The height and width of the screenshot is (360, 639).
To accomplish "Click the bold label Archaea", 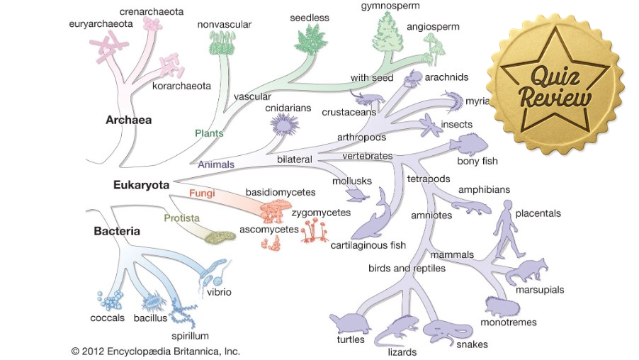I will pyautogui.click(x=128, y=120).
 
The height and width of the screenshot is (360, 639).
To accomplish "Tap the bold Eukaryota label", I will pyautogui.click(x=141, y=185).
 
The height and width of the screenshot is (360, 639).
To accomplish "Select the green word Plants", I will pyautogui.click(x=209, y=133).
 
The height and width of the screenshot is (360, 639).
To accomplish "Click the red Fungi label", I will pyautogui.click(x=202, y=193).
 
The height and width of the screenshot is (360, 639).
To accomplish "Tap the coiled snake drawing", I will pyautogui.click(x=444, y=330).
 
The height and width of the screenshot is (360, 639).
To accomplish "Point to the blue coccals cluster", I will pyautogui.click(x=111, y=300).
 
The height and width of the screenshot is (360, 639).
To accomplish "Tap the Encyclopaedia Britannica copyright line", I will pyautogui.click(x=156, y=351).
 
